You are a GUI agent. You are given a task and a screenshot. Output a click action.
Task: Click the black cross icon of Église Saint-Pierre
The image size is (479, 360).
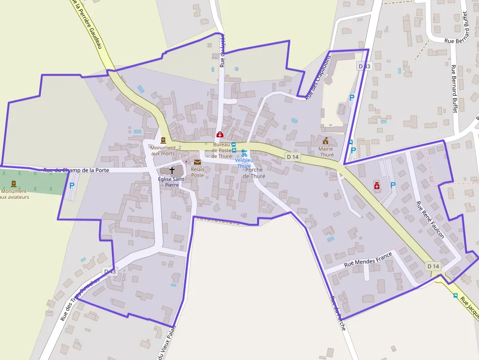pos(172,170)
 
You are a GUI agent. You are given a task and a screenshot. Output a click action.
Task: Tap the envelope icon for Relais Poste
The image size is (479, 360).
pos(197,162)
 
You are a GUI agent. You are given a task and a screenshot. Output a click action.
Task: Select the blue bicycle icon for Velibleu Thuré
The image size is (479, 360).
pos(244,153)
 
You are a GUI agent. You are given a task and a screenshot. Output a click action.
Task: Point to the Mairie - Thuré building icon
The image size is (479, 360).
pos(326,141)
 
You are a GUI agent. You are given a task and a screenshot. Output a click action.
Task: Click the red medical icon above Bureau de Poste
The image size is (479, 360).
pos(220,134)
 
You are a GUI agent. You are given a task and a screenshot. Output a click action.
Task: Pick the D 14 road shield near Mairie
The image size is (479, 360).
pos(292,156)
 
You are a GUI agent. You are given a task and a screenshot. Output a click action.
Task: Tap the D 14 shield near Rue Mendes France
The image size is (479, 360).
pos(433,266)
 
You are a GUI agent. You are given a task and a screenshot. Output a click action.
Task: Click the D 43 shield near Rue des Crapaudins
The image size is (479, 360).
pos(365,66)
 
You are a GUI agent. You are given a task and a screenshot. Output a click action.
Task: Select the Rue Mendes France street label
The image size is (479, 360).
pos(368,258)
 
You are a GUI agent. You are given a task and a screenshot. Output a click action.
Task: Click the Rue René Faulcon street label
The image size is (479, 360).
pos(430,220)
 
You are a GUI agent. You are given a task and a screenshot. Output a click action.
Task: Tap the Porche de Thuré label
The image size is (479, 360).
pos(254,173)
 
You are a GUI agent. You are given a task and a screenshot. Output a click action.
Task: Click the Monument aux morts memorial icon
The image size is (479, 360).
pos(163,140)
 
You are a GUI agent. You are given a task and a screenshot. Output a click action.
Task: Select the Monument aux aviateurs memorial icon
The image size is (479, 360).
pos(13,184)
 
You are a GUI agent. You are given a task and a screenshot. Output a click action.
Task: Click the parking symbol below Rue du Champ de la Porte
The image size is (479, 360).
pos(72,186)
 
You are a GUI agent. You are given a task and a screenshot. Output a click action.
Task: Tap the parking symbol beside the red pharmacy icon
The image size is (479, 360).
pos(392,185)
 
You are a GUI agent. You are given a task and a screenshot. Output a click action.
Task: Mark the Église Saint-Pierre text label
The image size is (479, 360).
pos(172,182)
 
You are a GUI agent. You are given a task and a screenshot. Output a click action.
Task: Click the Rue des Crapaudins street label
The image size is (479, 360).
pos(318,77)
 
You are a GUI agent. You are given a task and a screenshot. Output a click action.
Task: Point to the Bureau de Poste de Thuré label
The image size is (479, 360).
pos(221,150)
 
